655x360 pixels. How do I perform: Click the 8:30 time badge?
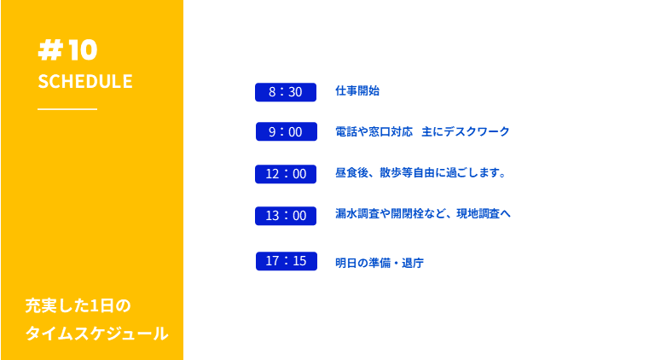[x=286, y=92]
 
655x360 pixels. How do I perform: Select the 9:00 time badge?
[x=287, y=131]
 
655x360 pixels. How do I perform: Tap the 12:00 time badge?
[x=286, y=174]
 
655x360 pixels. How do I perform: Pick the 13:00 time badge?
[x=286, y=216]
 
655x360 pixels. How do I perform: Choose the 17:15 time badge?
[x=287, y=261]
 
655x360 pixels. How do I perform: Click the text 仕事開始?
[x=357, y=90]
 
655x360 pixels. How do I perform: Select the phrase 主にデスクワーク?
[x=466, y=131]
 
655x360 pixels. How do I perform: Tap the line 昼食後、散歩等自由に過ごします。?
[x=421, y=172]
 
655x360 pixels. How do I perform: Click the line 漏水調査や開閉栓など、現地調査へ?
[x=423, y=213]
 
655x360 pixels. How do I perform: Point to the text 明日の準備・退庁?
[x=380, y=263]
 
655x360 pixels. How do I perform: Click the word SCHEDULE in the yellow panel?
[x=85, y=81]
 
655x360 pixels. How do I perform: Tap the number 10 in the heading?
[x=83, y=50]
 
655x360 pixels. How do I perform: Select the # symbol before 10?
[x=50, y=50]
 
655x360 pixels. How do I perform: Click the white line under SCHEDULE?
[x=67, y=109]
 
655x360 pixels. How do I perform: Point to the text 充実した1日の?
[x=78, y=305]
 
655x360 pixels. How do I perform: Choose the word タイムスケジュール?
[x=96, y=334]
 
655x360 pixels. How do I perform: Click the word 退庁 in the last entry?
[x=413, y=263]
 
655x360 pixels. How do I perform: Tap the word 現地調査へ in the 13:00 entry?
[x=484, y=213]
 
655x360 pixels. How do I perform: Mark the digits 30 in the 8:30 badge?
[x=295, y=92]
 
